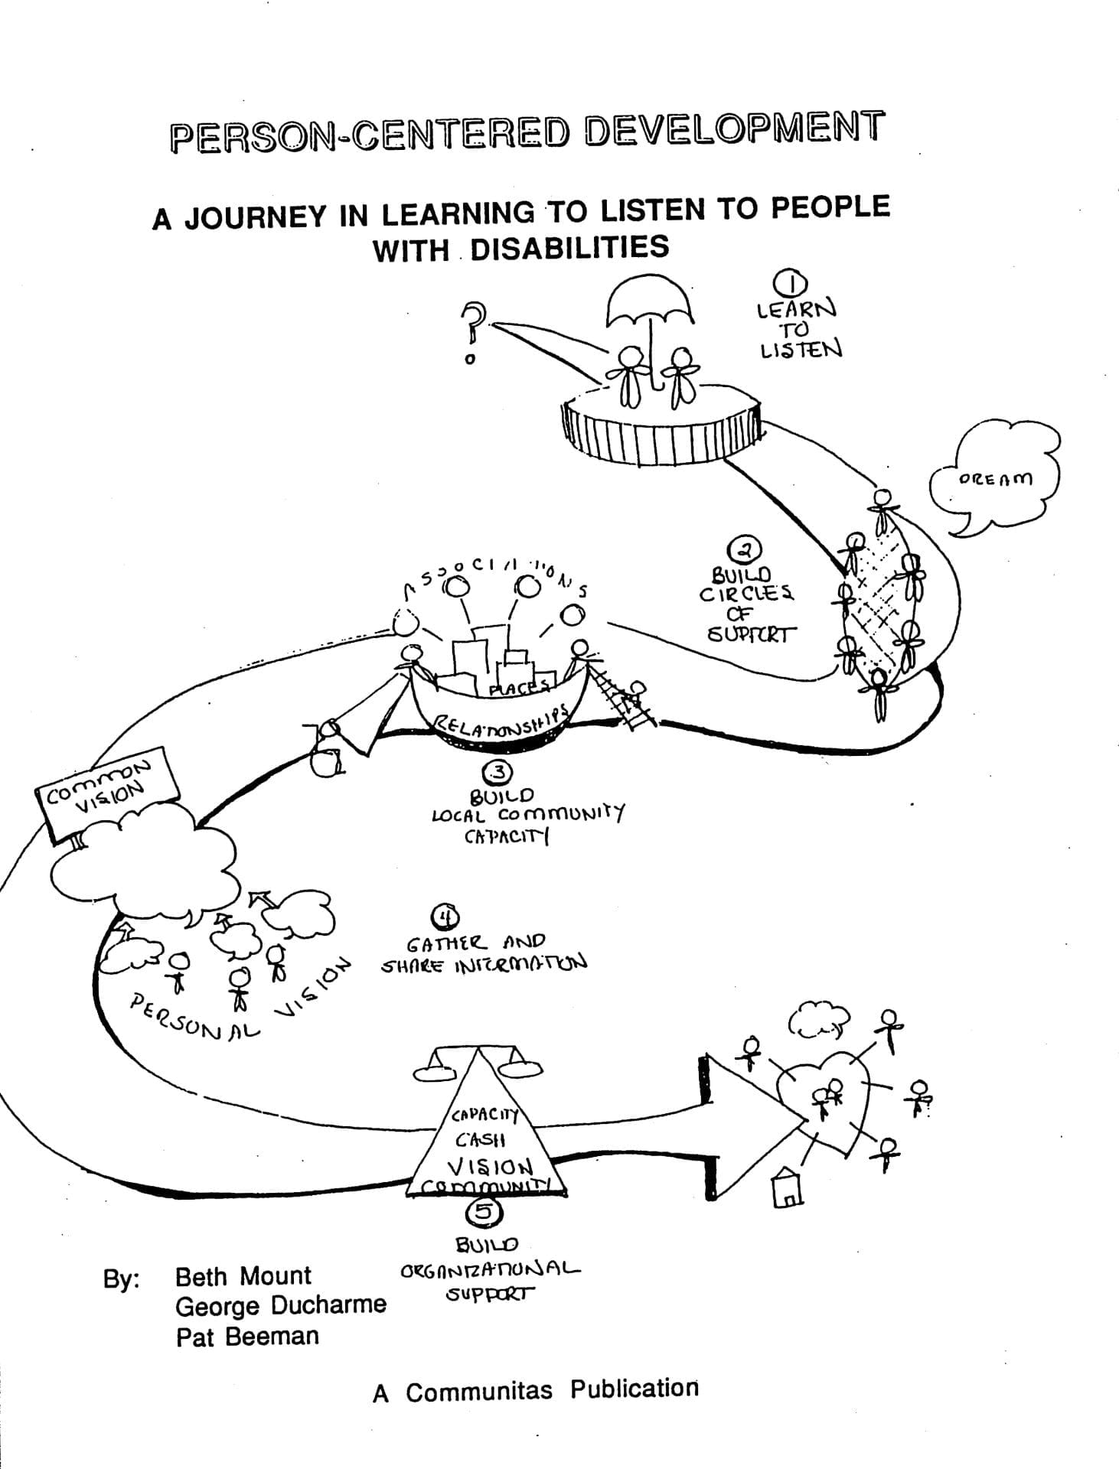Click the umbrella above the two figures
650,302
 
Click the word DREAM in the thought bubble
995,479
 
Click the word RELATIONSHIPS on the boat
501,720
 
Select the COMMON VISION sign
107,796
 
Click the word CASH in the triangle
480,1139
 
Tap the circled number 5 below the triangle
484,1211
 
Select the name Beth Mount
243,1276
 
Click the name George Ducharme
280,1305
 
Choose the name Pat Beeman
246,1337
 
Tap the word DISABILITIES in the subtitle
569,248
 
